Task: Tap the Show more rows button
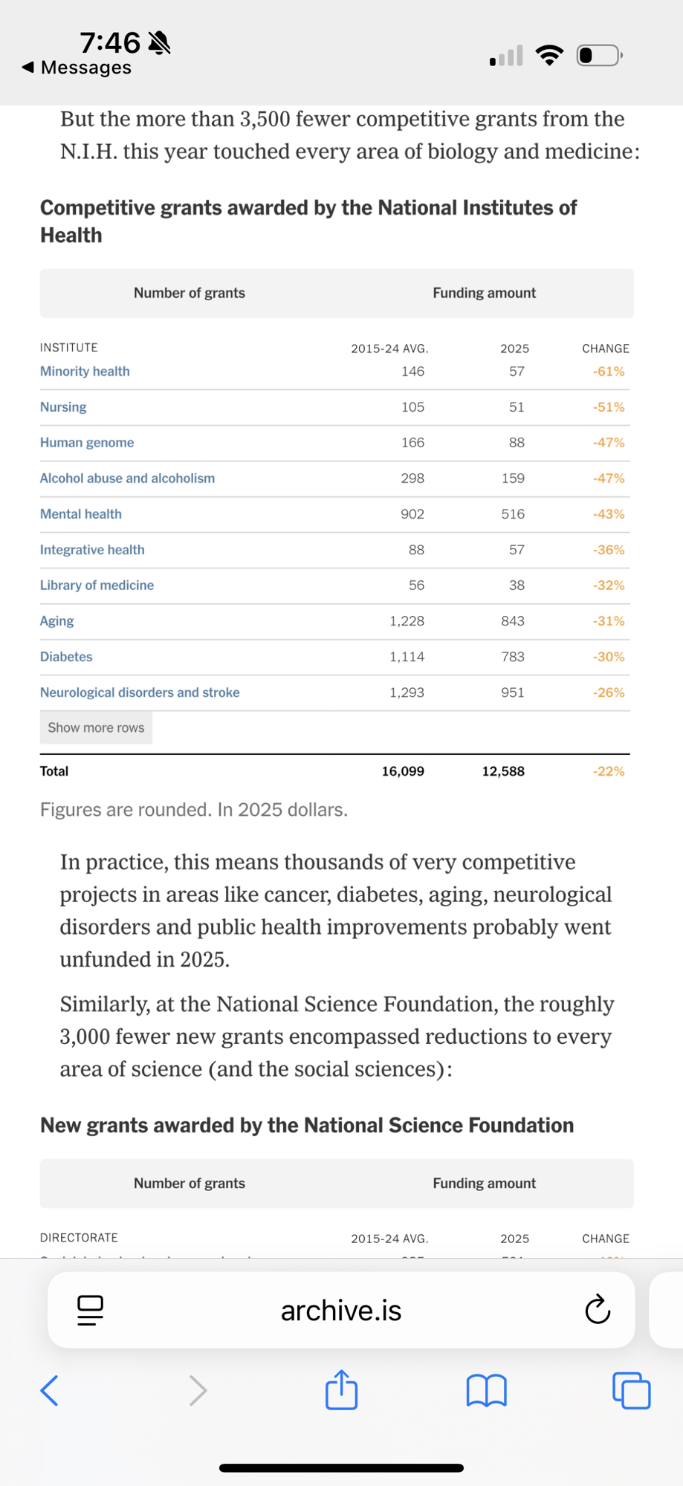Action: point(96,728)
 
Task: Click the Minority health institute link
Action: point(85,371)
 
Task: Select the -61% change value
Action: point(608,371)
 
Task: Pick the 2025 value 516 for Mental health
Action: point(513,514)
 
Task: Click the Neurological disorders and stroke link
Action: point(140,692)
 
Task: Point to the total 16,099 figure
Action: point(403,771)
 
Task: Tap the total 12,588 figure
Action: point(503,771)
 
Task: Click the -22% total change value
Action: point(608,771)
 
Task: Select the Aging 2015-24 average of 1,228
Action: point(407,621)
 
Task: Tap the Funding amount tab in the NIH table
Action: point(484,293)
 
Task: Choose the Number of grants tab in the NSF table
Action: point(190,1183)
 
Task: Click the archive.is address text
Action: point(341,1311)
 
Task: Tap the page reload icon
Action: point(598,1310)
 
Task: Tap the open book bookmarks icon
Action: point(486,1390)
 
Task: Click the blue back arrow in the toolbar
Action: point(50,1390)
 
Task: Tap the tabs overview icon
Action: point(631,1390)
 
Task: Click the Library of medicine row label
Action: point(97,585)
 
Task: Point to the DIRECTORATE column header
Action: point(79,1238)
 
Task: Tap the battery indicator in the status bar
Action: point(598,56)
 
